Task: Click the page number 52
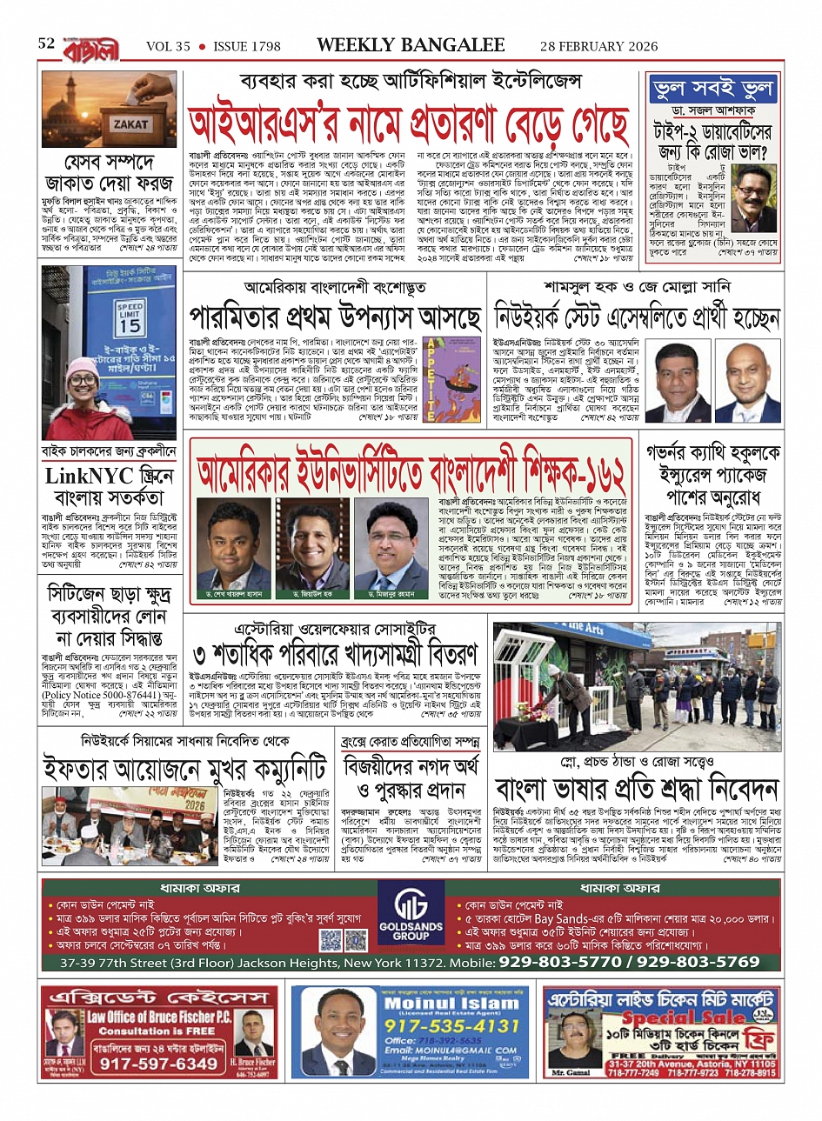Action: click(46, 44)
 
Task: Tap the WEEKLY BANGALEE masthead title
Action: click(411, 45)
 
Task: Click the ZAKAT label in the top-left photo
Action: click(130, 123)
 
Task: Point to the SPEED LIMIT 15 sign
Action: click(130, 317)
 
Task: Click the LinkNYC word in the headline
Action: click(90, 476)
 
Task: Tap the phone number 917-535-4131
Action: click(452, 1026)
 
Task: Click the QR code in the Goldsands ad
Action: click(331, 940)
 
